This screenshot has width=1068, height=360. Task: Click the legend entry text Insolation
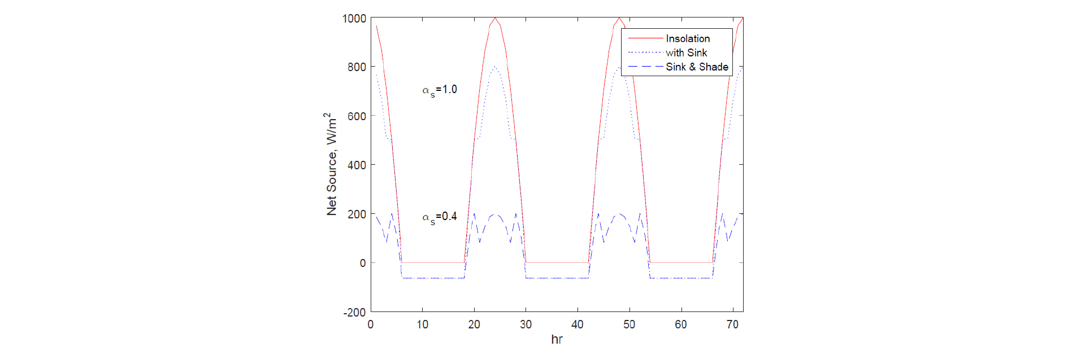(x=688, y=38)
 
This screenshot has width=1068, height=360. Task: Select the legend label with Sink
(x=686, y=52)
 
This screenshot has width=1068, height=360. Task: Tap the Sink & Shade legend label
(x=697, y=67)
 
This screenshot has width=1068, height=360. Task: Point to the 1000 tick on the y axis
(x=354, y=19)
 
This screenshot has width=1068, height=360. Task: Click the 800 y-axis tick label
(x=357, y=67)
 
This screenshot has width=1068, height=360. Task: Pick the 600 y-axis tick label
(x=357, y=116)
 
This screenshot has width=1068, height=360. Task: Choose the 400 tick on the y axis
(x=357, y=165)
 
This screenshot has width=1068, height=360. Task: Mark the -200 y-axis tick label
(x=354, y=313)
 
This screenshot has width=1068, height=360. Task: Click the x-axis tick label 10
(x=422, y=324)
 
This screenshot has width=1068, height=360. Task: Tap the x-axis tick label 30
(x=526, y=324)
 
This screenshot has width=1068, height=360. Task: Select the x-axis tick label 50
(x=629, y=324)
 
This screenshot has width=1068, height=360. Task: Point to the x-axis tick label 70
(x=732, y=324)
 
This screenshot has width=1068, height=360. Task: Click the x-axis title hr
(x=557, y=339)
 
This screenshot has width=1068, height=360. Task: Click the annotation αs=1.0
(x=440, y=90)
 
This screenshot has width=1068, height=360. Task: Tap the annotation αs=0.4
(x=440, y=217)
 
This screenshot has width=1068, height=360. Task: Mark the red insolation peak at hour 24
(x=495, y=18)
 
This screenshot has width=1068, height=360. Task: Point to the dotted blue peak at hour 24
(x=495, y=67)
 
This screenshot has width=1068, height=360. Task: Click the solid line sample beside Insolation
(x=645, y=38)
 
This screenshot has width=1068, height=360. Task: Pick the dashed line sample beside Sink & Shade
(x=645, y=67)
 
